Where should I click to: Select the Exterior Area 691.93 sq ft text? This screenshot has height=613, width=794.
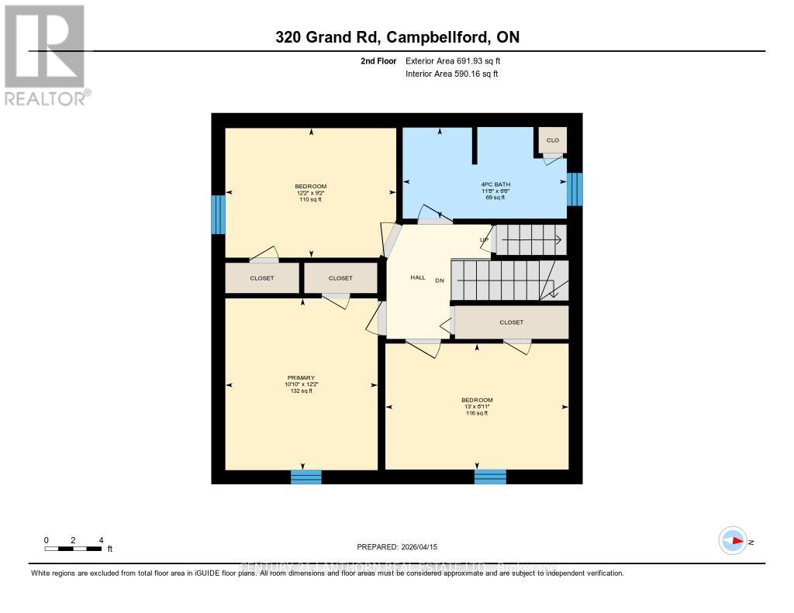[458, 60]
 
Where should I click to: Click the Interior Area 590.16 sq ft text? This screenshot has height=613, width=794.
[451, 74]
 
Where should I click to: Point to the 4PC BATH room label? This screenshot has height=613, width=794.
[495, 184]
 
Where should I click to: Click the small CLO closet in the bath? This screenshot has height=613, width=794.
[553, 140]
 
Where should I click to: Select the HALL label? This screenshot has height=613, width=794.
[418, 277]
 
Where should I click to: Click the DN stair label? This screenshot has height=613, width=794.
[439, 281]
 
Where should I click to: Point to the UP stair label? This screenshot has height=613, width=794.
[484, 239]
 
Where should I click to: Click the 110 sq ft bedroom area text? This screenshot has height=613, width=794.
[310, 200]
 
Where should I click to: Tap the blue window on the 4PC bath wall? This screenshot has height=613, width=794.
[575, 189]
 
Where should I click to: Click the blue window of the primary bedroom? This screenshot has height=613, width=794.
[306, 477]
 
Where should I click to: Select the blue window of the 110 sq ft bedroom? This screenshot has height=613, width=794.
[219, 214]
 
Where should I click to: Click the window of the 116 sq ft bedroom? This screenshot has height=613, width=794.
[489, 477]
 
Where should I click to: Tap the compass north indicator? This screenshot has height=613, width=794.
[733, 541]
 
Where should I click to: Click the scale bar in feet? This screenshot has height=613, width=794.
[74, 549]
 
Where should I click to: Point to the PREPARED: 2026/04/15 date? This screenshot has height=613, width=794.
[397, 546]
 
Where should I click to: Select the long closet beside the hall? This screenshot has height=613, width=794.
[511, 322]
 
